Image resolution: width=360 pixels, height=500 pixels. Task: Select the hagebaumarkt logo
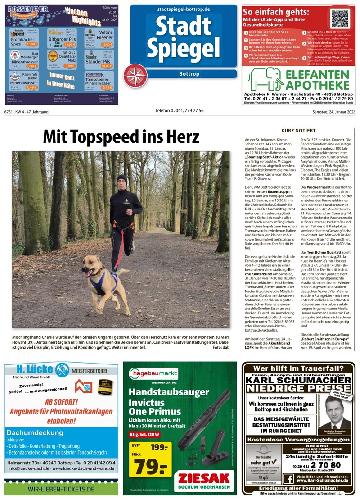(153, 373)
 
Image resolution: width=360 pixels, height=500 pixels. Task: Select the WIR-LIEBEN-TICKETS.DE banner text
(61, 489)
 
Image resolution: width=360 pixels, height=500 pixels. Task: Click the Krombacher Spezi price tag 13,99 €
(32, 45)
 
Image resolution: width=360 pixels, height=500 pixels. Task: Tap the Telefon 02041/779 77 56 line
(179, 111)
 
